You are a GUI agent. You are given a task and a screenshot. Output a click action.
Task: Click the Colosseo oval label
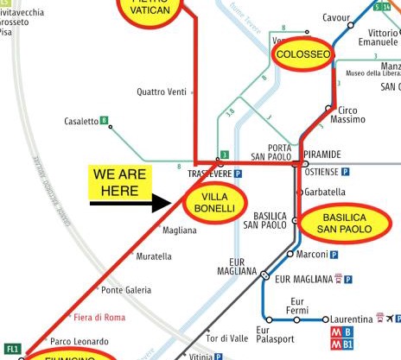tap(302, 55)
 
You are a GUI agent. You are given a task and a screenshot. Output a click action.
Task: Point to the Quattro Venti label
tap(162, 92)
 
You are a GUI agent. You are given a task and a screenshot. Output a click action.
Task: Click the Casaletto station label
tap(81, 122)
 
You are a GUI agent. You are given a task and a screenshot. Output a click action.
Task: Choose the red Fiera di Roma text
tap(99, 317)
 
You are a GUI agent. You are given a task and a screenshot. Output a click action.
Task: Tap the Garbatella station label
tap(325, 192)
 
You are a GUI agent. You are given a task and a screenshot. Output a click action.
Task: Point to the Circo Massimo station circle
tap(328, 108)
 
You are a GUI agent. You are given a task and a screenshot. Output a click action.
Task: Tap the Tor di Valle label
tap(227, 338)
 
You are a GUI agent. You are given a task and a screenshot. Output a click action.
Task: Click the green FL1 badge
tap(12, 349)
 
